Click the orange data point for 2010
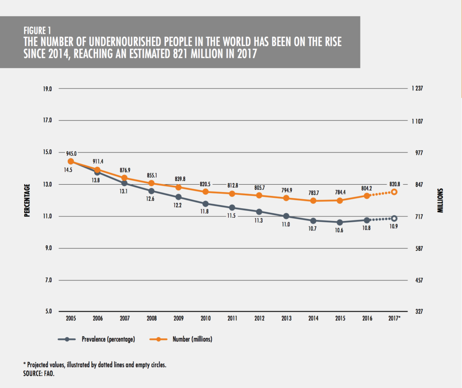[x=205, y=192]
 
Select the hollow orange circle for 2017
[x=394, y=192]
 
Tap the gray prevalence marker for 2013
[x=286, y=216]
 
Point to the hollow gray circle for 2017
[x=394, y=219]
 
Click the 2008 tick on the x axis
[x=152, y=318]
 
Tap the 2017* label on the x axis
[x=395, y=318]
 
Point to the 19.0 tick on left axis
[x=47, y=89]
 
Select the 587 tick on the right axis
[x=416, y=248]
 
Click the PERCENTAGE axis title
[x=27, y=200]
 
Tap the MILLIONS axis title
[x=440, y=200]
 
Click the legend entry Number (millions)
[x=190, y=339]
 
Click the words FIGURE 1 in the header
[x=37, y=31]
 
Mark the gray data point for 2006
[x=97, y=172]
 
